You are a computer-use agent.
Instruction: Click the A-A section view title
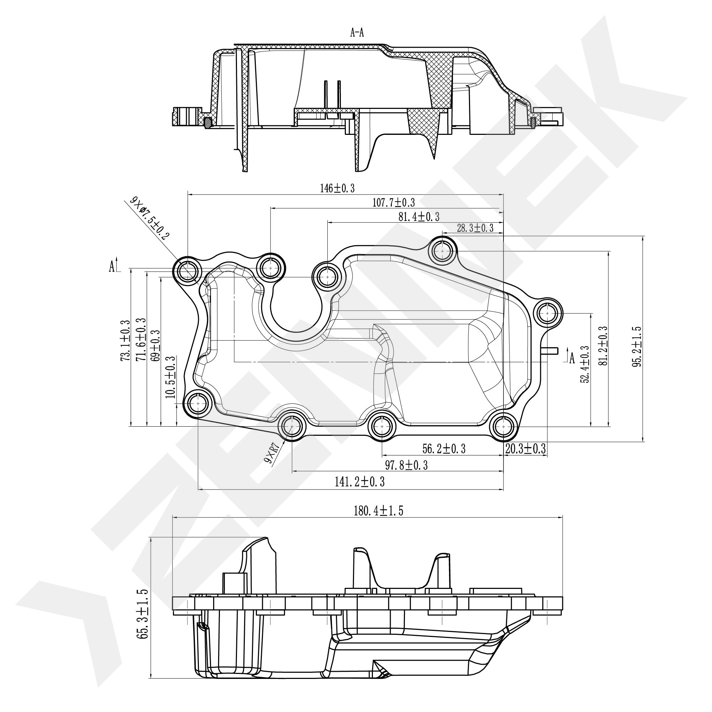click(357, 33)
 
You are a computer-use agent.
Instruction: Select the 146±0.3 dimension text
click(337, 188)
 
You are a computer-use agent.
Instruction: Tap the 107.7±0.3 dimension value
click(394, 202)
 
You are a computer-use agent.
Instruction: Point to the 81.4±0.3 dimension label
click(419, 217)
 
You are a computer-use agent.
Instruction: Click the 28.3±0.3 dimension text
click(475, 228)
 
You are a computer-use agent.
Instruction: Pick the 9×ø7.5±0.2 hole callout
click(150, 219)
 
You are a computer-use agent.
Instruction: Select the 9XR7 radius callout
click(275, 453)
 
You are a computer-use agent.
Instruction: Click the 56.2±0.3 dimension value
click(444, 448)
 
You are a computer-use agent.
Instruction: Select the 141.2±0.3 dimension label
click(360, 481)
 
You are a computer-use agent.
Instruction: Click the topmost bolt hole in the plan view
click(442, 251)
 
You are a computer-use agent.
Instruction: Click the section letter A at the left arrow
click(112, 267)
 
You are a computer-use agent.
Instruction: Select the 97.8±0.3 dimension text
click(406, 465)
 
